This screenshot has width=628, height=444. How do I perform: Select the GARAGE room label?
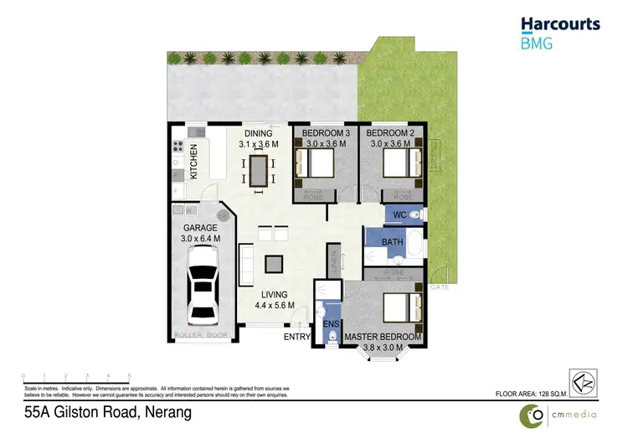pyautogui.click(x=200, y=227)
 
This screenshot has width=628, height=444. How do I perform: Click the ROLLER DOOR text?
pyautogui.click(x=200, y=336)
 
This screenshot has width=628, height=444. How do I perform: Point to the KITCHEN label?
pyautogui.click(x=193, y=162)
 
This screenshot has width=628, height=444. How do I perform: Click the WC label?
pyautogui.click(x=399, y=215)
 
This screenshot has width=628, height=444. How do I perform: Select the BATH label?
pyautogui.click(x=392, y=243)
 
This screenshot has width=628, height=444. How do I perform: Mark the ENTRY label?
pyautogui.click(x=296, y=337)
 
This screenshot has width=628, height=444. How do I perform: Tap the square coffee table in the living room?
pyautogui.click(x=274, y=264)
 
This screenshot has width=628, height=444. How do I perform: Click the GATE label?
pyautogui.click(x=438, y=287)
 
